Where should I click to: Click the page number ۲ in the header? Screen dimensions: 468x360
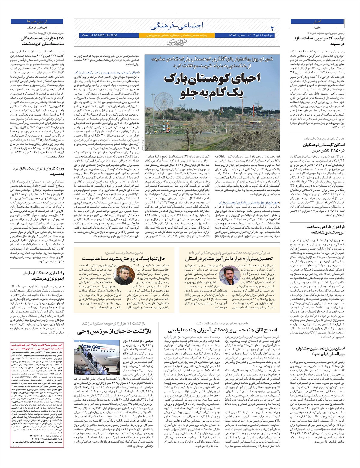[x=272, y=28]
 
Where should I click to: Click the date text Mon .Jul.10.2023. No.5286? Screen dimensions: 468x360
[x=99, y=35]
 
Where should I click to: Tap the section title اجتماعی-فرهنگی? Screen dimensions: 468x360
[x=177, y=26]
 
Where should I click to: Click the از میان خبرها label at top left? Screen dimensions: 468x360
[x=37, y=22]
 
